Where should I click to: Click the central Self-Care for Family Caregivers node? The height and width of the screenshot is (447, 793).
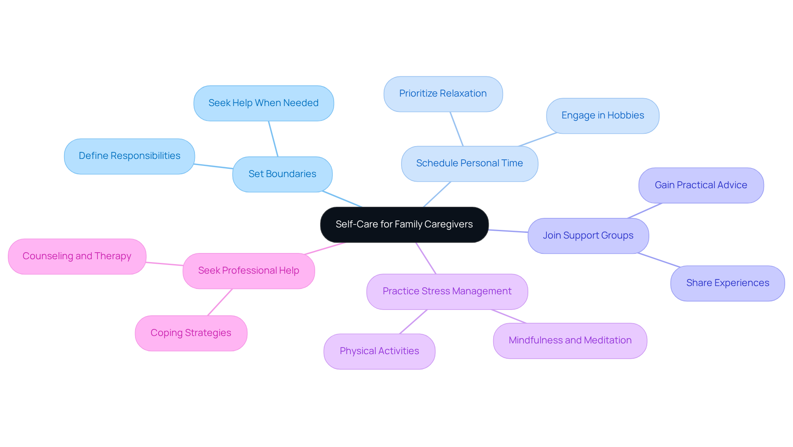(x=404, y=225)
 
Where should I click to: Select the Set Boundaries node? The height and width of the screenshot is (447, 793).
(x=282, y=174)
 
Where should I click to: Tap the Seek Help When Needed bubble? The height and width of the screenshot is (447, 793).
(x=264, y=103)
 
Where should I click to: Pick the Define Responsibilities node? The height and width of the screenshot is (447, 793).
(x=129, y=156)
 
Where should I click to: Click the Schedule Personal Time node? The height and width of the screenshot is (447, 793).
(x=469, y=163)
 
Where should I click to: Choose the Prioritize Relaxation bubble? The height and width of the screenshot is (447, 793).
(x=443, y=94)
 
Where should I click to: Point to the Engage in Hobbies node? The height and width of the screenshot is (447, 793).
(x=602, y=116)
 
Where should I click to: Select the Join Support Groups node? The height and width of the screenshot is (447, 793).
(x=588, y=236)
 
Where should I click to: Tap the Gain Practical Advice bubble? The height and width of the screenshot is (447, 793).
(x=700, y=185)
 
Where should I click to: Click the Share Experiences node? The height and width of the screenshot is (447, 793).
(x=727, y=283)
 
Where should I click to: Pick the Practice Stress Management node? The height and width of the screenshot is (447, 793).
(x=447, y=291)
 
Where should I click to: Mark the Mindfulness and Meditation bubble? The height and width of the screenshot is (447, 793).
(x=570, y=341)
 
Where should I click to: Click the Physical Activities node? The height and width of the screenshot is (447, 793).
(x=379, y=351)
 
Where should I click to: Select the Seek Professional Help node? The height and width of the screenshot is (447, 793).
(x=248, y=271)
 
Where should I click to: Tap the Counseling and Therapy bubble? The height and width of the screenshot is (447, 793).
(x=77, y=256)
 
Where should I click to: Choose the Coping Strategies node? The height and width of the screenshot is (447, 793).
(x=191, y=333)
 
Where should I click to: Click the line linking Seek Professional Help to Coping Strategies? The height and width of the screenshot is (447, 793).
(x=220, y=303)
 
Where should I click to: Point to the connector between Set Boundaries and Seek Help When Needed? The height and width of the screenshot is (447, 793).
(x=273, y=139)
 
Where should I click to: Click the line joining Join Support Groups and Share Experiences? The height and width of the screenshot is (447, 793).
(x=658, y=260)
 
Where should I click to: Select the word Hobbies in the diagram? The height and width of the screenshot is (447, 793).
(x=625, y=116)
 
